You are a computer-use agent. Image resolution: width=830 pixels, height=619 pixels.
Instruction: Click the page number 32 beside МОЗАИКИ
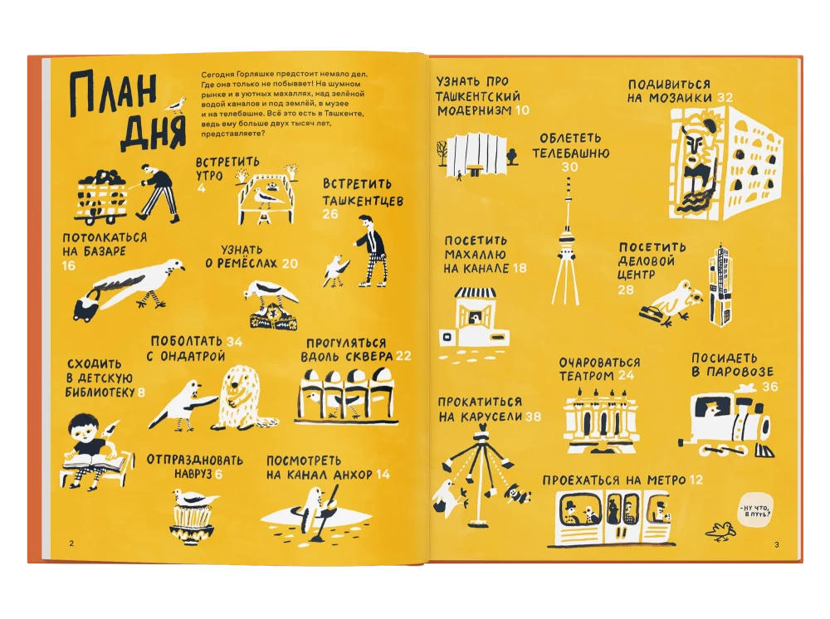(725, 97)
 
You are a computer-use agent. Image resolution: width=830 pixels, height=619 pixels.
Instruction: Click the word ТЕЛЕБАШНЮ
(571, 153)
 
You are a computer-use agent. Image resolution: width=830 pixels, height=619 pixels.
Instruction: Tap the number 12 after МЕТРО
(696, 480)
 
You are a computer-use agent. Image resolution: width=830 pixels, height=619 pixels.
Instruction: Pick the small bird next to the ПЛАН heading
(176, 105)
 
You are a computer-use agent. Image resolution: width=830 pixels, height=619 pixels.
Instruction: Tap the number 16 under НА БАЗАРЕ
(69, 266)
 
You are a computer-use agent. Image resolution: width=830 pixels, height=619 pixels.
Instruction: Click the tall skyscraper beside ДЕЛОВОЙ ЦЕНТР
(722, 285)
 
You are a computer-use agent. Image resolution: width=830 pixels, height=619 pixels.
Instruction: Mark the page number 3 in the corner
(777, 544)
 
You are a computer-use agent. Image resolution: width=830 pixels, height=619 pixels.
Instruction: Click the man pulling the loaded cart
(157, 193)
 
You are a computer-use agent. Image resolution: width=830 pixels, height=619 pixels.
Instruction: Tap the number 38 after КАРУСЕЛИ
(533, 417)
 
